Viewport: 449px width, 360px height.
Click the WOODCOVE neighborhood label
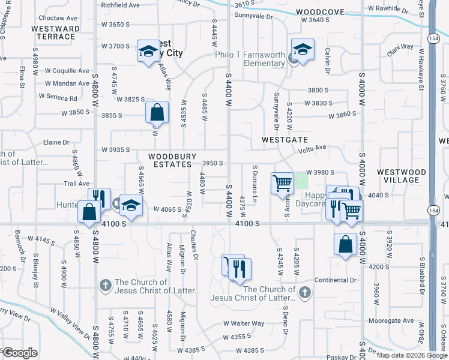point(320,11)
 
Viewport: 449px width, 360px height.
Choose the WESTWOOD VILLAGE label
point(402,176)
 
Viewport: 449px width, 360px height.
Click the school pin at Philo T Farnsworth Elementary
point(303,50)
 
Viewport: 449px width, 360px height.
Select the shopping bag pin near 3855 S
point(157,112)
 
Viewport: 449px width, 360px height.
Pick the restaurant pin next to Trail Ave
point(99,197)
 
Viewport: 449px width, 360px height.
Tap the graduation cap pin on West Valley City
point(148,51)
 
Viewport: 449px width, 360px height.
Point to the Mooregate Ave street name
point(392,321)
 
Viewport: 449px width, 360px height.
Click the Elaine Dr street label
point(56,142)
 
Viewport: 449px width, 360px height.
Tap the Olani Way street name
point(400,46)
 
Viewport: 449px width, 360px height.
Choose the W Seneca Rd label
point(58,97)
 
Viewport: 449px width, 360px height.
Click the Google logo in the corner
point(20,353)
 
